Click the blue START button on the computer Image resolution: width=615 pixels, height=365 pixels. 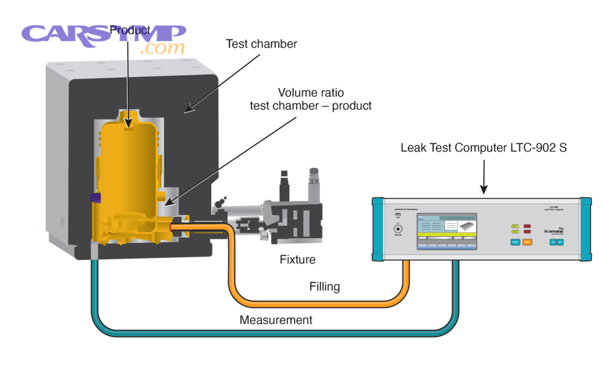coord(515,242)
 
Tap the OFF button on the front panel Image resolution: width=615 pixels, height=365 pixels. coord(560,242)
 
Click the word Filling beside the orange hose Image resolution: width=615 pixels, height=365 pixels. coord(323,287)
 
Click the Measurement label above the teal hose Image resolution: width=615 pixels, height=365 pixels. coord(275,319)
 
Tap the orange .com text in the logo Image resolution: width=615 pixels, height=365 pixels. coord(162,48)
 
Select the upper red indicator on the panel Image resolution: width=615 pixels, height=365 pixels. coord(527,225)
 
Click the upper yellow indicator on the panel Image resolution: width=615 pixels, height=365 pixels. coord(515,225)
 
